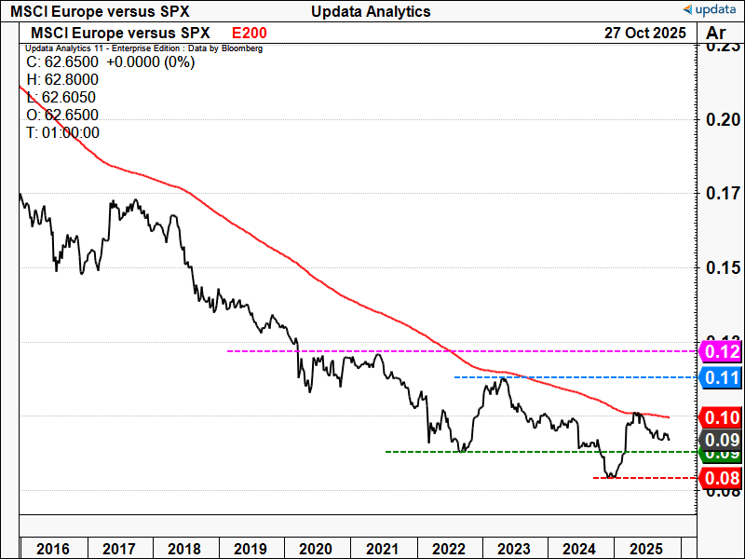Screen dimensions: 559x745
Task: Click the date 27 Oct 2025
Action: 644,33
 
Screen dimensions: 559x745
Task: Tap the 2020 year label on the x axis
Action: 316,548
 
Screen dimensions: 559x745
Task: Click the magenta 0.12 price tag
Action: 722,351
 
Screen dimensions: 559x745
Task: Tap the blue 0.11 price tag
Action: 722,377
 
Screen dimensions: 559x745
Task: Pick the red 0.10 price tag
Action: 722,416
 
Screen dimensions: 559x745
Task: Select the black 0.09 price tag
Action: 722,439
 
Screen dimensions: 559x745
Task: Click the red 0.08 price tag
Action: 722,479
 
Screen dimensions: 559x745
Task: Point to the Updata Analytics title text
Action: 372,11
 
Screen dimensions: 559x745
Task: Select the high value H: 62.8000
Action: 61,80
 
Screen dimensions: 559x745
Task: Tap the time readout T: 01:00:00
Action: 62,132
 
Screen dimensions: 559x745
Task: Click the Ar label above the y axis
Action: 716,34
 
